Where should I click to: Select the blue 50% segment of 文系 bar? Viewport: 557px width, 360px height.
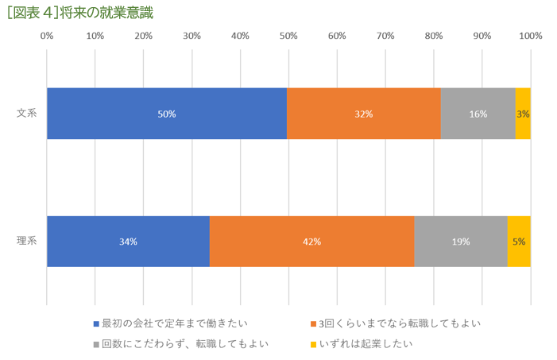[167, 114]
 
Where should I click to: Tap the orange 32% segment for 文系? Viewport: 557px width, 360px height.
[364, 114]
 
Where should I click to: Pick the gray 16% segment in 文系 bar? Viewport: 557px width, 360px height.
[478, 114]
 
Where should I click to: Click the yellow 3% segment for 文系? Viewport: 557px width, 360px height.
[523, 114]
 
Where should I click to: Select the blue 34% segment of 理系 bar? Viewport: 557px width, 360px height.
[128, 242]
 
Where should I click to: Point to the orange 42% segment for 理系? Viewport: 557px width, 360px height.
[311, 242]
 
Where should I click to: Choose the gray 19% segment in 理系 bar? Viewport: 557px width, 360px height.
[461, 242]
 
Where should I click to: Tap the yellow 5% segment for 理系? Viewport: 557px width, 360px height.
[519, 242]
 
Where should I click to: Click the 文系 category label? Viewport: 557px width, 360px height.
[27, 114]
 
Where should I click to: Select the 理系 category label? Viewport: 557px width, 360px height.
[27, 242]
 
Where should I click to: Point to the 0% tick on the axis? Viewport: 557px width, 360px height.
[47, 36]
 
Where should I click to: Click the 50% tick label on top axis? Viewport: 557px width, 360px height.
[288, 36]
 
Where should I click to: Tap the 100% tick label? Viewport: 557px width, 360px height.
[530, 36]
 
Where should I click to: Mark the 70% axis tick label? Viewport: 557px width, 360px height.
[385, 36]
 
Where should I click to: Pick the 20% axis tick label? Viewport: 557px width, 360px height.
[144, 36]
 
